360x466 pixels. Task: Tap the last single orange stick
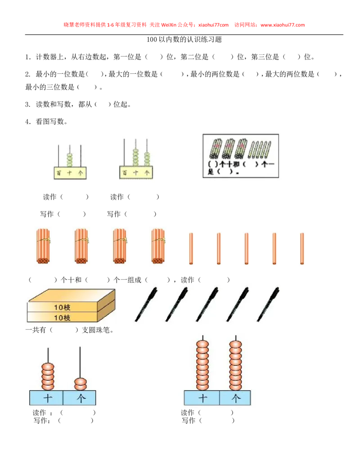pos(301,248)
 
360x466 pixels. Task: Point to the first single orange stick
pos(191,248)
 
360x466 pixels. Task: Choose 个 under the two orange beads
pos(80,398)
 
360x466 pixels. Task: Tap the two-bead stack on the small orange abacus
pos(80,384)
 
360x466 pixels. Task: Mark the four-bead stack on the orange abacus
pos(47,376)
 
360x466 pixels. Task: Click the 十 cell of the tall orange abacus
pos(202,398)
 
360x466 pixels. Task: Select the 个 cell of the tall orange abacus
pos(235,398)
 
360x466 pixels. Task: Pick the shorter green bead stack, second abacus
pos(146,158)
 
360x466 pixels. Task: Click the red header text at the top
pos(184,25)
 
